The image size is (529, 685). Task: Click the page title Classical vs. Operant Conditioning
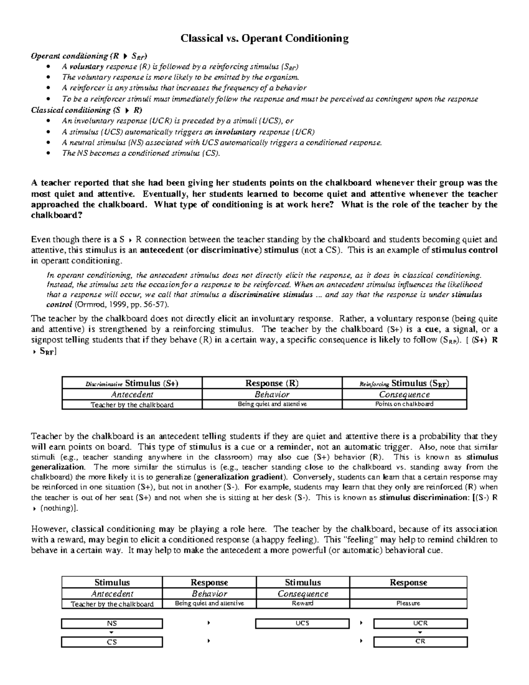[x=264, y=38]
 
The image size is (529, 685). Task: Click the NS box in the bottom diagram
[x=112, y=623]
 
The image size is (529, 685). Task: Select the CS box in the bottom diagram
[x=112, y=642]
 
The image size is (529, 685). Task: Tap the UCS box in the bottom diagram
[x=302, y=623]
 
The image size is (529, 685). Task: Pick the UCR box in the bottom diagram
[x=420, y=623]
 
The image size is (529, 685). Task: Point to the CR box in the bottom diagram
[x=420, y=642]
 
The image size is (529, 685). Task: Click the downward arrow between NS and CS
[x=112, y=633]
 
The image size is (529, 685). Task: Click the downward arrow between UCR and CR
[x=420, y=633]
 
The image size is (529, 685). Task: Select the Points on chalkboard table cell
[x=404, y=404]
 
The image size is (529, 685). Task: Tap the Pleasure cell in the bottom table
[x=408, y=603]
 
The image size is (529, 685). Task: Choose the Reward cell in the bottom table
[x=302, y=603]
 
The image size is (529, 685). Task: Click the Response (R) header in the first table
[x=272, y=383]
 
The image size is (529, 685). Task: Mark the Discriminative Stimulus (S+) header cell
[x=132, y=383]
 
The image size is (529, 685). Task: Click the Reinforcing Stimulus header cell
[x=404, y=383]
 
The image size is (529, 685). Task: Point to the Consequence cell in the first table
[x=404, y=394]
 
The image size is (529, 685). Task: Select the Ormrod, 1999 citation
[x=120, y=305]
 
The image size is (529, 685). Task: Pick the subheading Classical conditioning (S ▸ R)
[x=86, y=110]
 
